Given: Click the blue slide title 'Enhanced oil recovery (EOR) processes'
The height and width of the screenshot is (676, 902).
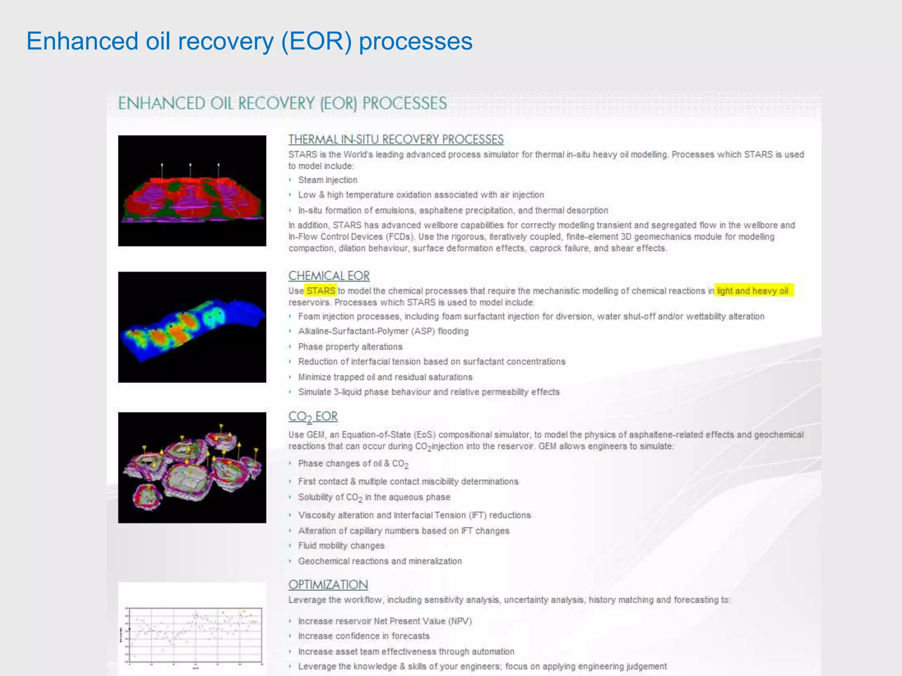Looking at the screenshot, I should (249, 41).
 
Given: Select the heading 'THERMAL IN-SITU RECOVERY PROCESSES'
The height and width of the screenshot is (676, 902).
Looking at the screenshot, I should (396, 140).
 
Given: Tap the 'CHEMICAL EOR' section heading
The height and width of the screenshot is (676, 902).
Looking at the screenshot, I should (329, 276).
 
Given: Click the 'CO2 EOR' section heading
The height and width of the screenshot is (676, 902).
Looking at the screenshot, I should (313, 417).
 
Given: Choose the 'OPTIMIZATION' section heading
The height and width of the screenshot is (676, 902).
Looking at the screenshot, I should (328, 585).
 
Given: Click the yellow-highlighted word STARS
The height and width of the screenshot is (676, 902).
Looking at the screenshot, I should (321, 291).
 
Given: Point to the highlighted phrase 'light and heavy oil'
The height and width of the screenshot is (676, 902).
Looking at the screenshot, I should (753, 291).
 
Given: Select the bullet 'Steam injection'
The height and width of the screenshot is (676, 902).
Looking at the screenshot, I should (327, 180).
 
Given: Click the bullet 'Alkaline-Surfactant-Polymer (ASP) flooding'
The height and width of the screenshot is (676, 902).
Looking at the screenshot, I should (383, 331).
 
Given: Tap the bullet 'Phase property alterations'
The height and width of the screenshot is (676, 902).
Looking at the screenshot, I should (350, 347).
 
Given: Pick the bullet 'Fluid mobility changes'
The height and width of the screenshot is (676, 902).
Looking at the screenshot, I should (341, 546).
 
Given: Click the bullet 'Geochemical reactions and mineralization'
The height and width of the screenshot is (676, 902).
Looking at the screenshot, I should (380, 561).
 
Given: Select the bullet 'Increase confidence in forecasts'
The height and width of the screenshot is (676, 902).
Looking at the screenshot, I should (363, 636).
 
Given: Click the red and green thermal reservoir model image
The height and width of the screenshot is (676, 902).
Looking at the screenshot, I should (192, 191).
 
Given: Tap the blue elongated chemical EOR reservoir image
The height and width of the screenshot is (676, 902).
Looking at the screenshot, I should (192, 327).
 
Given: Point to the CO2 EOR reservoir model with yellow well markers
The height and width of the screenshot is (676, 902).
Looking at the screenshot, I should (192, 467).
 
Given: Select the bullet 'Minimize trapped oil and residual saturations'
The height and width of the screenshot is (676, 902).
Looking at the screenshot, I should (385, 377).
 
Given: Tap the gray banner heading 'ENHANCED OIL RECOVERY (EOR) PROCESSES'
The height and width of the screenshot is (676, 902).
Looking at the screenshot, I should (282, 104).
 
